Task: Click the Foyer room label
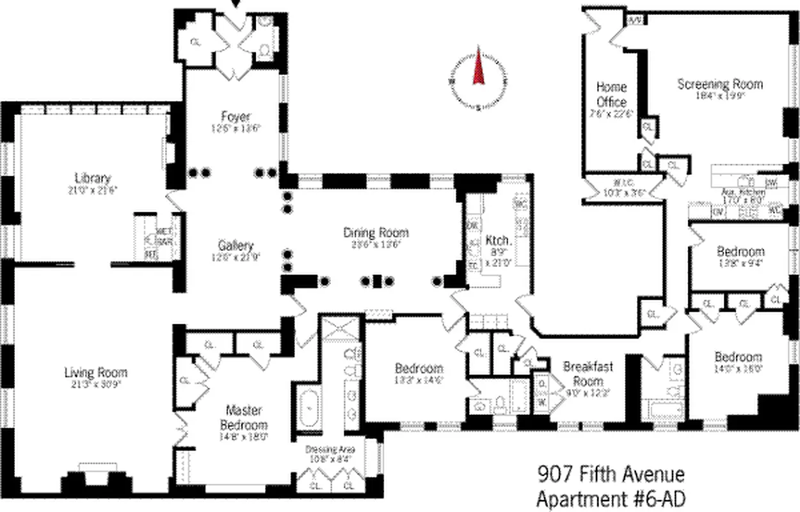tap(236, 116)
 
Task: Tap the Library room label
tap(93, 178)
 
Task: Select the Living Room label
tap(95, 372)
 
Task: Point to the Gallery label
tap(236, 245)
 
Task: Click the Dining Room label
tap(376, 232)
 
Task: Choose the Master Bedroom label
tap(243, 417)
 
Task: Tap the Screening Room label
tap(720, 84)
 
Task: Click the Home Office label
tap(611, 94)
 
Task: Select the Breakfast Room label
tap(588, 373)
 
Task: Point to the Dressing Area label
tap(330, 449)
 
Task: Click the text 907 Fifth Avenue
tap(610, 475)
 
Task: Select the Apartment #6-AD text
tap(610, 497)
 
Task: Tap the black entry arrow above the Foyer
tap(237, 4)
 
